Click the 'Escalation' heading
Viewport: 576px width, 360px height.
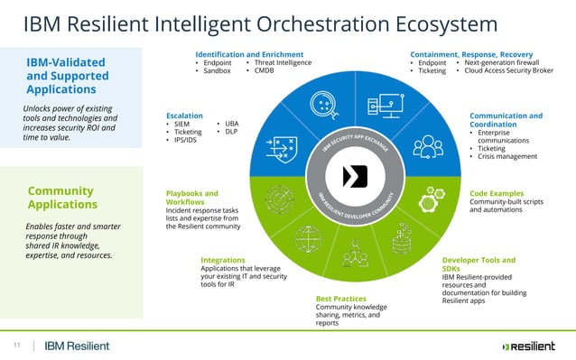point(185,115)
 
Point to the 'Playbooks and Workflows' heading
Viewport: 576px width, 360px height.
point(192,198)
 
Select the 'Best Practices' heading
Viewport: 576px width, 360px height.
point(340,298)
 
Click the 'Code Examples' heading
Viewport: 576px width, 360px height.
point(497,193)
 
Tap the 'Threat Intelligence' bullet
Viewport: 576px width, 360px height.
point(283,62)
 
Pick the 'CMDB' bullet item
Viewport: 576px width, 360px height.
point(264,70)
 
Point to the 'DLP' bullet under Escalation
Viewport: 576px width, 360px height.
point(231,132)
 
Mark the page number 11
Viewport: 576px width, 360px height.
point(16,345)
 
